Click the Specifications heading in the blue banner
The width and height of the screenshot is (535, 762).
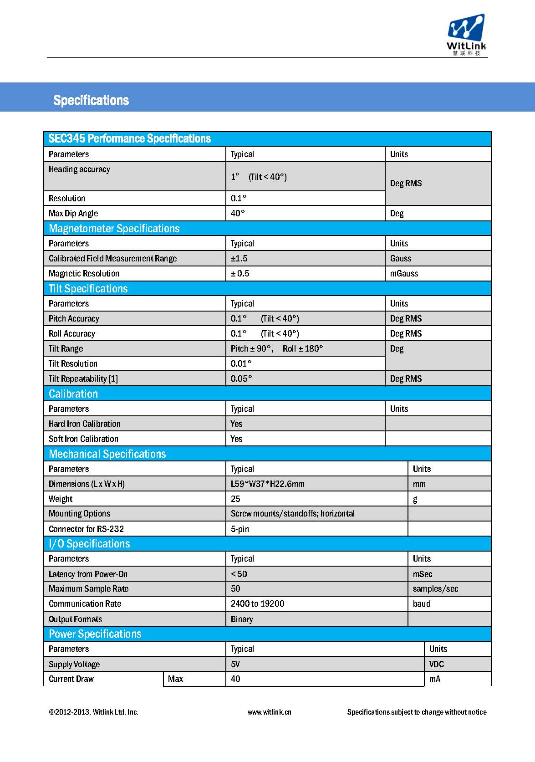pos(91,100)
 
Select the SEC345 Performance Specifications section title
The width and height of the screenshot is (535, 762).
pos(130,138)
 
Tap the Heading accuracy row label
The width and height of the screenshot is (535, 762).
pos(79,169)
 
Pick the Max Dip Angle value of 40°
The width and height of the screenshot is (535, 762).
pos(238,213)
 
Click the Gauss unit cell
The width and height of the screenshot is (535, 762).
pos(401,258)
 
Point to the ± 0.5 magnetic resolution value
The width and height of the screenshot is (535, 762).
pos(240,273)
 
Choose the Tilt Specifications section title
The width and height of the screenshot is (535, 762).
pos(88,288)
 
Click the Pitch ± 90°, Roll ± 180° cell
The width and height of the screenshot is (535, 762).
pos(277,348)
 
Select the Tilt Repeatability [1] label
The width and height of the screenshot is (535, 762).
pos(83,378)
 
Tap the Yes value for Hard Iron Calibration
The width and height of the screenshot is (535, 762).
pos(236,424)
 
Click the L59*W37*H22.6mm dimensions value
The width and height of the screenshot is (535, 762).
pos(268,484)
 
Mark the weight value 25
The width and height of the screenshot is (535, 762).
pos(235,499)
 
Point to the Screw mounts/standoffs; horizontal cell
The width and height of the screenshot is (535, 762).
pos(292,513)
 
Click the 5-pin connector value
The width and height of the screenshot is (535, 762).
pos(240,529)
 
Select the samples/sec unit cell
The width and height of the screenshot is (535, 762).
pos(435,588)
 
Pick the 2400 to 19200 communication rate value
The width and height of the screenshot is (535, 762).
pos(257,603)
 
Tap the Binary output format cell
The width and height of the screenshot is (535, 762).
pos(242,619)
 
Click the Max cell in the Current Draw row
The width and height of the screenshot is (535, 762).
pos(175,679)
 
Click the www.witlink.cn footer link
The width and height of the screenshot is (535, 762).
pos(269,712)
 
